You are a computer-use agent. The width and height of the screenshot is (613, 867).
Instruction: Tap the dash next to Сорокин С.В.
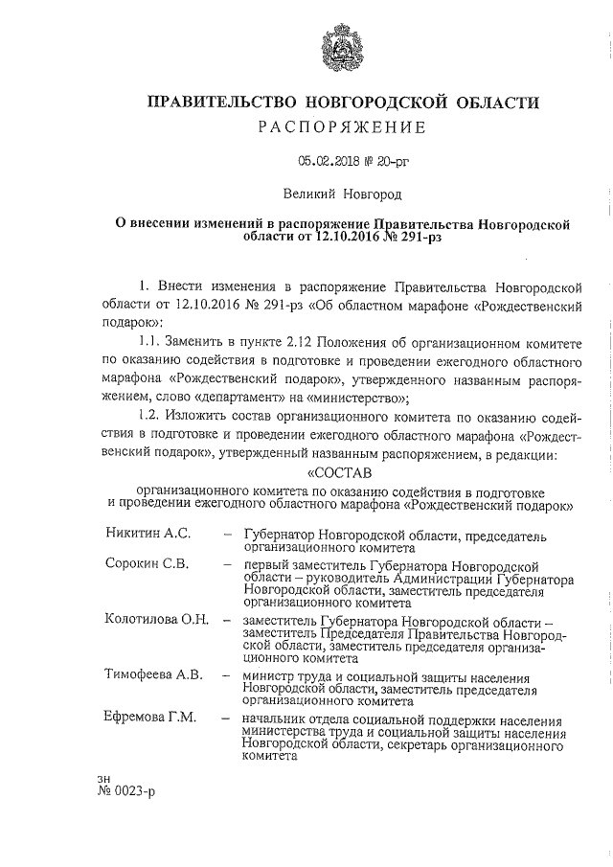tap(226, 563)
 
